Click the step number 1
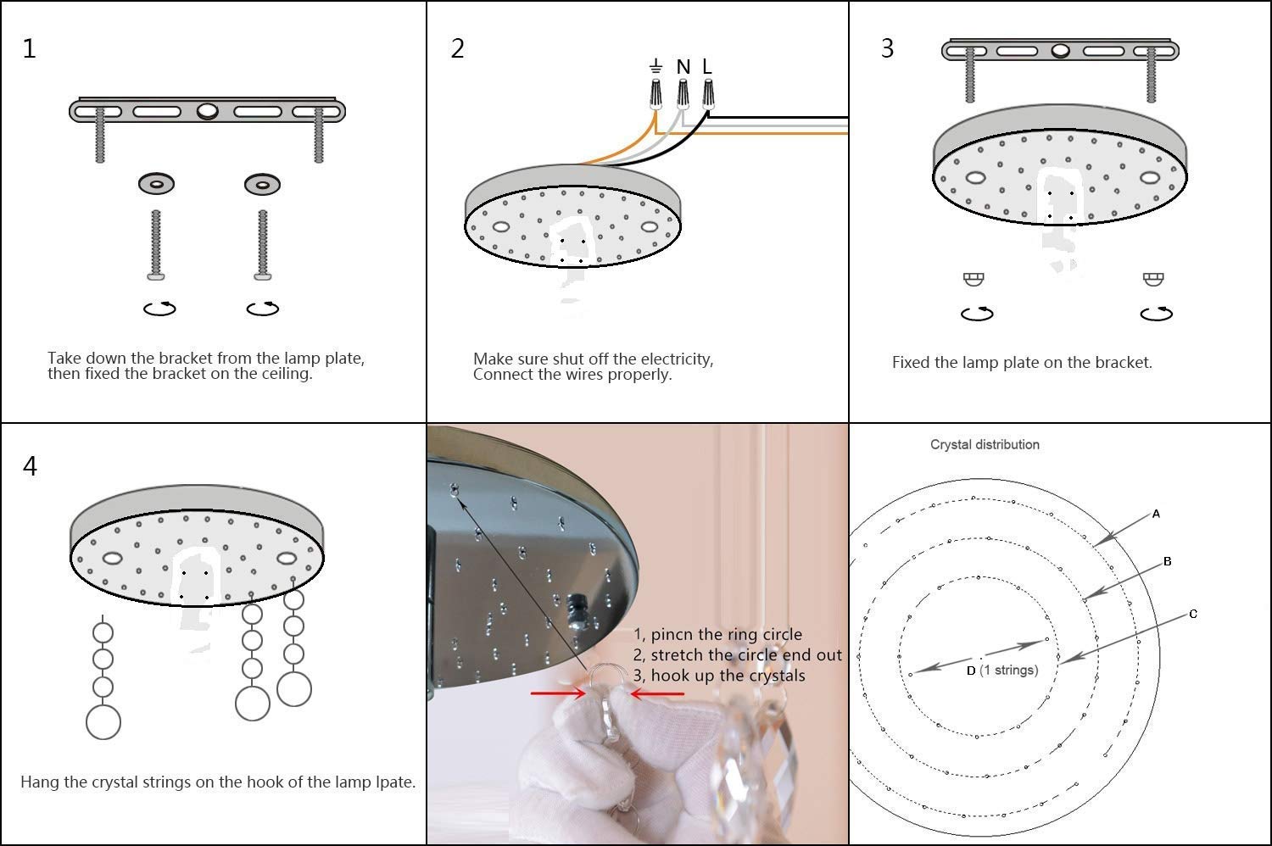tap(29, 49)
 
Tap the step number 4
tap(30, 467)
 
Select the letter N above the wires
tap(683, 67)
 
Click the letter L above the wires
tap(707, 66)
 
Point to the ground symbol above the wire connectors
tap(656, 66)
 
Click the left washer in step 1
tap(157, 183)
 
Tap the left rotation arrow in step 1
tap(159, 309)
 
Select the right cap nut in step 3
tap(1152, 279)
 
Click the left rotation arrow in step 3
tap(977, 314)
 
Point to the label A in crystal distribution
tap(1156, 514)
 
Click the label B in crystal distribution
tap(1168, 561)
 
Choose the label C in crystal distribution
tap(1193, 614)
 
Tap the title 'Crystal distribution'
tap(985, 444)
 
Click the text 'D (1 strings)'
tap(1001, 670)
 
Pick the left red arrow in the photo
tap(557, 693)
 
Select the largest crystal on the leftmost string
tap(103, 722)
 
